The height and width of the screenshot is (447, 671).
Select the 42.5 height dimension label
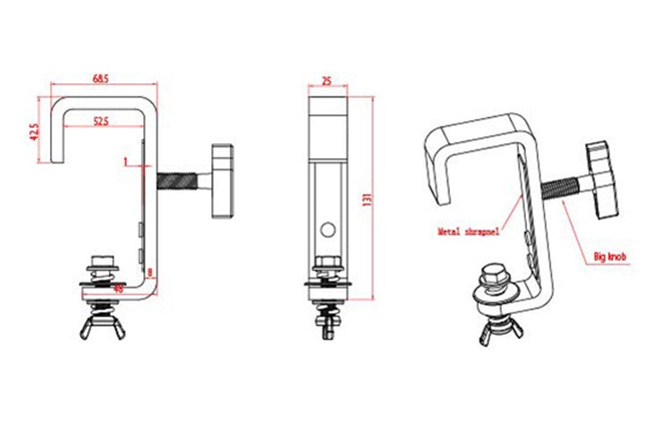[34, 131]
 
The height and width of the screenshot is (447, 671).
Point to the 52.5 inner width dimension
[99, 121]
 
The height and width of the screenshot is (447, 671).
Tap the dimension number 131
[367, 198]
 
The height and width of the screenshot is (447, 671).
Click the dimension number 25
[327, 80]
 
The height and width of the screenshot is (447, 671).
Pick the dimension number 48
[117, 288]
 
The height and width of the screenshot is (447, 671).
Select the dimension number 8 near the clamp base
[150, 272]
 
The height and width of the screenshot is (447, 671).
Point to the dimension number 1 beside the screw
[126, 162]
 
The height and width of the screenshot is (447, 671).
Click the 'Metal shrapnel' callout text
[468, 231]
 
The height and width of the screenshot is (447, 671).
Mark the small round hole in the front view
[328, 229]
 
